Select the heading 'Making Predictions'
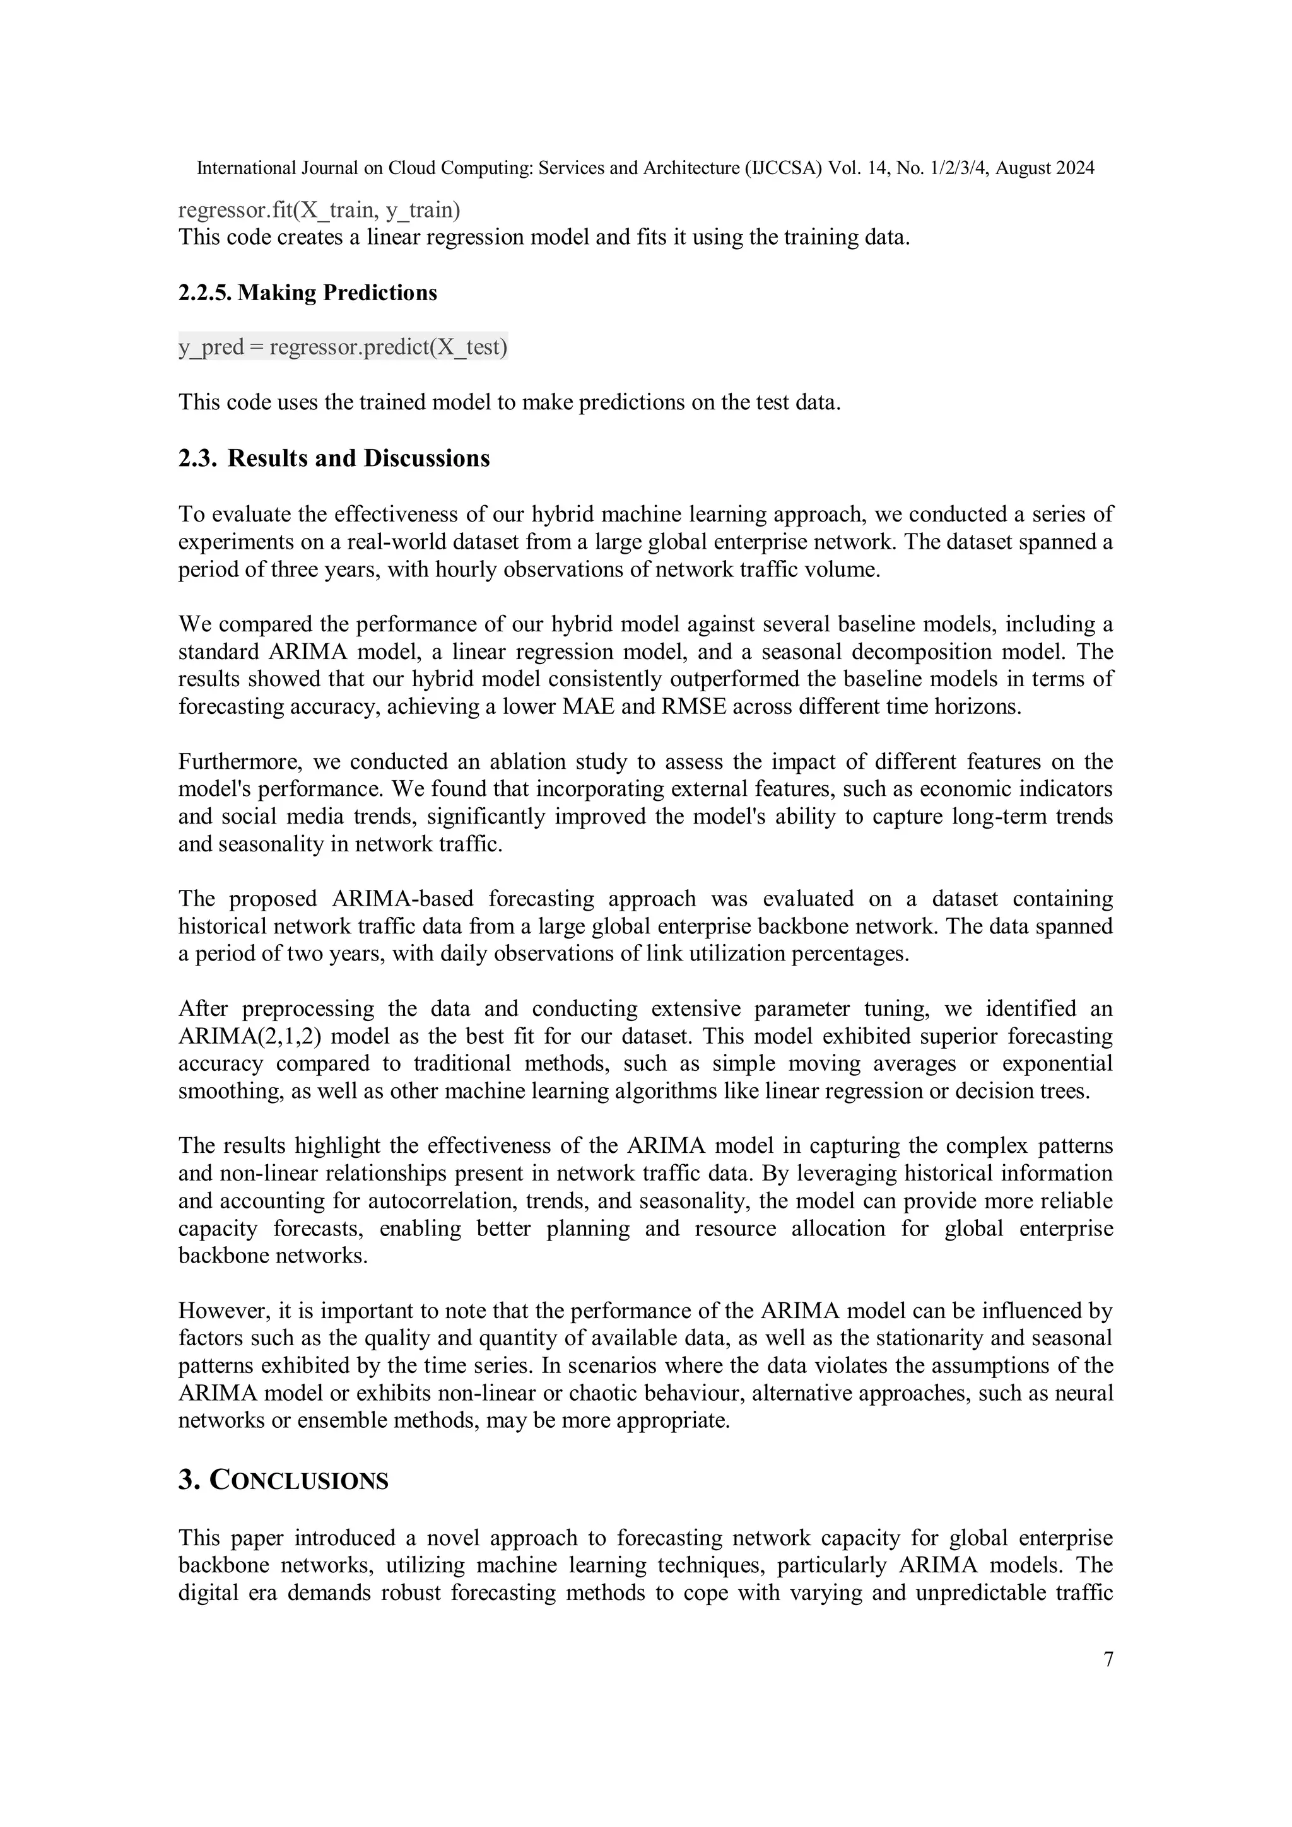point(337,293)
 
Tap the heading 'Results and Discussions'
point(358,458)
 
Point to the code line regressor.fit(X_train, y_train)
point(319,210)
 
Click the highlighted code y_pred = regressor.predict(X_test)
point(343,347)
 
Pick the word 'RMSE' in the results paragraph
point(693,706)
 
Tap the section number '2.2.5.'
point(206,293)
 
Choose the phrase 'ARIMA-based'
point(402,899)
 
